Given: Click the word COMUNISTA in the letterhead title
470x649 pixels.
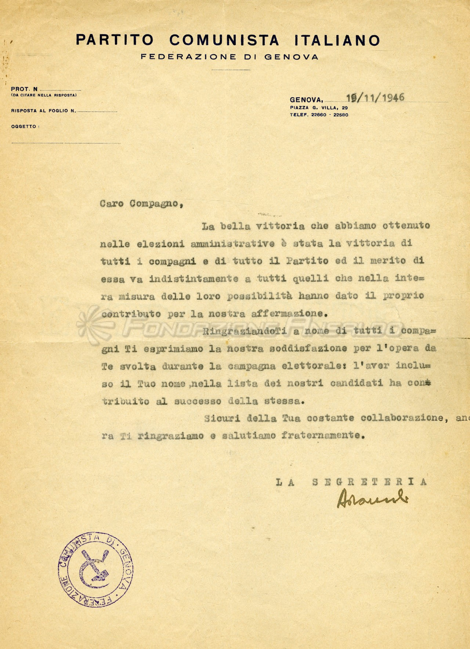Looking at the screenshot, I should click(x=224, y=40).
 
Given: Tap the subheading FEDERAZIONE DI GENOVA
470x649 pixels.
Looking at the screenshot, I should click(x=229, y=57).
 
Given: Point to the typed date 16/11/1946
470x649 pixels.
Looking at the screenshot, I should click(x=375, y=98).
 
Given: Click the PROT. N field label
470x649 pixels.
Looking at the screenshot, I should click(x=24, y=89).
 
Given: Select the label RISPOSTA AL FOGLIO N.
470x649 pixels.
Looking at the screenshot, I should click(x=43, y=111).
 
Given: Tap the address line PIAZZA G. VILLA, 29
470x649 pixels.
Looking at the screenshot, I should click(x=319, y=108).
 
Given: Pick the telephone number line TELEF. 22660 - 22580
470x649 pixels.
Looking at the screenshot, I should click(x=319, y=115).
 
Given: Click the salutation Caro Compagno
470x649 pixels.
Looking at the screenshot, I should click(x=141, y=204).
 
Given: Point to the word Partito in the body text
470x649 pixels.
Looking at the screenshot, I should click(x=307, y=261).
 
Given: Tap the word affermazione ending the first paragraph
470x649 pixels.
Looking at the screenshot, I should click(x=288, y=314).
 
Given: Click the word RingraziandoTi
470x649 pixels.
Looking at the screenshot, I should click(x=245, y=331).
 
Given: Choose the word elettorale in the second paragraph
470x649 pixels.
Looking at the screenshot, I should click(x=314, y=366).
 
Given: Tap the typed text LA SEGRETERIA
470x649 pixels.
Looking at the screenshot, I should click(x=351, y=482).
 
